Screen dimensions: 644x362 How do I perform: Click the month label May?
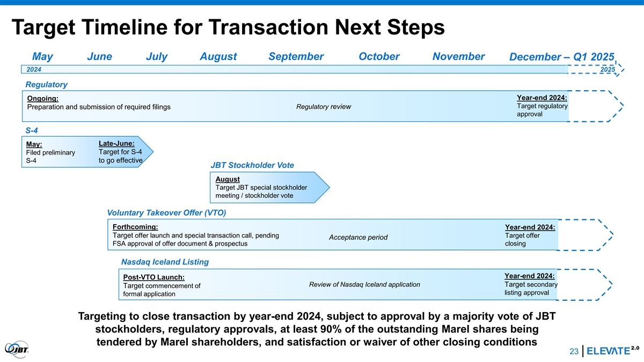pyautogui.click(x=42, y=57)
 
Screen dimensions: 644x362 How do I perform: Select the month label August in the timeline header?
pyautogui.click(x=218, y=57)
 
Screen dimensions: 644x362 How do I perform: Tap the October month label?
pyautogui.click(x=379, y=57)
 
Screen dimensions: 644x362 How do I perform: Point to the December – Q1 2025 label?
pyautogui.click(x=561, y=57)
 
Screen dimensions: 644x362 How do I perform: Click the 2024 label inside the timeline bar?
pyautogui.click(x=34, y=70)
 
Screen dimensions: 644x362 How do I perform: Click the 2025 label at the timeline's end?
pyautogui.click(x=608, y=70)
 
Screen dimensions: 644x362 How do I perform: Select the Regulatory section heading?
pyautogui.click(x=46, y=85)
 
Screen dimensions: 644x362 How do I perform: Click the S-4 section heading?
pyautogui.click(x=32, y=130)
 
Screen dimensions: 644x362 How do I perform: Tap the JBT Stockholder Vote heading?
pyautogui.click(x=252, y=165)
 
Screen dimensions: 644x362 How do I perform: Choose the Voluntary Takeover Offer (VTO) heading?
pyautogui.click(x=166, y=213)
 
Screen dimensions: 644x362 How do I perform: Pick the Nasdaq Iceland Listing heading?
pyautogui.click(x=165, y=262)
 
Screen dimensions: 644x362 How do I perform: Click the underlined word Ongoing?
pyautogui.click(x=42, y=99)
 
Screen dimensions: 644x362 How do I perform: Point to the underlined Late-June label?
pyautogui.click(x=116, y=143)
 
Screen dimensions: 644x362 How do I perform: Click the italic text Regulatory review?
pyautogui.click(x=324, y=107)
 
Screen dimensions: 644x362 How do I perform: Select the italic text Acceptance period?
pyautogui.click(x=358, y=237)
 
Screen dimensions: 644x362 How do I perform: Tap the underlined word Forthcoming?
pyautogui.click(x=135, y=227)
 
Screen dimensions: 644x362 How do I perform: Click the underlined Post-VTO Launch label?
pyautogui.click(x=154, y=277)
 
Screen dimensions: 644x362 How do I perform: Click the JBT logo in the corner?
pyautogui.click(x=17, y=349)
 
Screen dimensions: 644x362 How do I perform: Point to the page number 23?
pyautogui.click(x=574, y=351)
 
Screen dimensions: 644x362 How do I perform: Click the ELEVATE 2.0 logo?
pyautogui.click(x=613, y=351)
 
